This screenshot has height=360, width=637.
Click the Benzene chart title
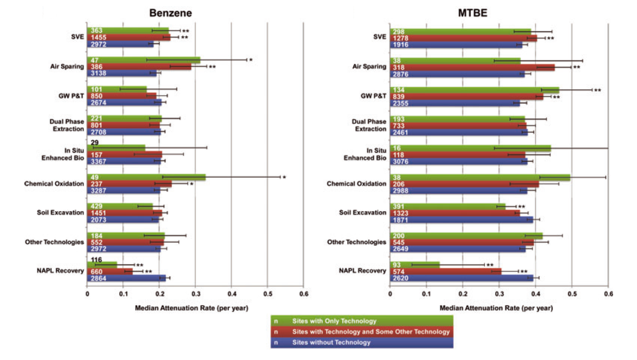pos(170,13)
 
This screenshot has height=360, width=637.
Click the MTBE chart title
pos(472,13)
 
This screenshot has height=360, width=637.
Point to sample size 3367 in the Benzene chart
pos(99,162)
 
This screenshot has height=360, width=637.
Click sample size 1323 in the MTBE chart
pos(401,213)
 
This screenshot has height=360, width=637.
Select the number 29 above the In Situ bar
pos(94,142)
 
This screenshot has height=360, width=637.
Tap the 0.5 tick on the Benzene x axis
pos(267,294)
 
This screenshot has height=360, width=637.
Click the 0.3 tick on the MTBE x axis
pos(499,294)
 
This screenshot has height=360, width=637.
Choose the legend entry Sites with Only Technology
pos(334,321)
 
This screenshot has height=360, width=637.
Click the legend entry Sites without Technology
pos(331,342)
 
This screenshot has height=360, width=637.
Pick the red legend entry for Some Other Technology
pos(371,332)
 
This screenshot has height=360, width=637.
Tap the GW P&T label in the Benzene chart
pos(71,96)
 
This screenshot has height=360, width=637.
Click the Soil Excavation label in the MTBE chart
pos(362,212)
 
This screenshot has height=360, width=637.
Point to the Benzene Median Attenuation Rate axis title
pos(191,308)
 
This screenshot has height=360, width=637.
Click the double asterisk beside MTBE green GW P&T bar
pos(597,90)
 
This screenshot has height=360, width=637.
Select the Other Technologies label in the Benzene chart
pos(54,242)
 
